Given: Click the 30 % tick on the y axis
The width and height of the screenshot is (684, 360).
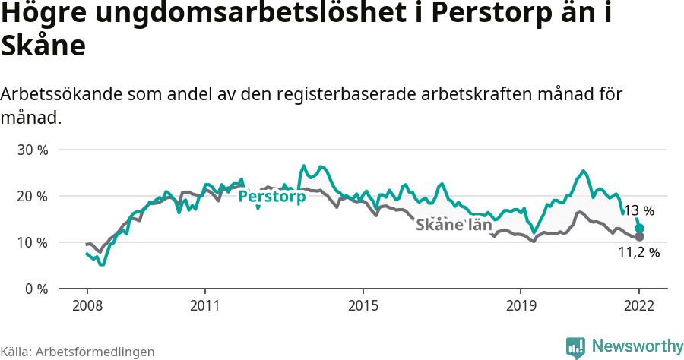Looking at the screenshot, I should coord(32,150).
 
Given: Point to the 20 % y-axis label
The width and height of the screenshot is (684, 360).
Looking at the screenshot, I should coord(32,196).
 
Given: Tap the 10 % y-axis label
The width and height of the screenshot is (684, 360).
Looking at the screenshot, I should coord(32,242).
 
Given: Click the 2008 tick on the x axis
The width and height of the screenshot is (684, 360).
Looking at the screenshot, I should coord(87,305).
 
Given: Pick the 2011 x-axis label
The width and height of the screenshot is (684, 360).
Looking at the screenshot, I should coord(205,305).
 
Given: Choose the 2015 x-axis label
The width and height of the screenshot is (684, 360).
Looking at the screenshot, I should coord(363,305).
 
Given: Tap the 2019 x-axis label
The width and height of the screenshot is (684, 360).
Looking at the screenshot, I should coord(521,305).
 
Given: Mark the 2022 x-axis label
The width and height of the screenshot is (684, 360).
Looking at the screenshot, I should coord(639,305).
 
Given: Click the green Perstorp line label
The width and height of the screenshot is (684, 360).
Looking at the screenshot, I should coord(272,197).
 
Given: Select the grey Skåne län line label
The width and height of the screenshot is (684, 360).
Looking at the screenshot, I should coord(454,225).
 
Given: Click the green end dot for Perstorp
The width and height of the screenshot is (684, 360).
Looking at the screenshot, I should coord(640,228).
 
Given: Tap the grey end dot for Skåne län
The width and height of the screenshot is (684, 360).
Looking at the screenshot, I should coord(640,237).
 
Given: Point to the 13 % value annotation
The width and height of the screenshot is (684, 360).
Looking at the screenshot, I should coord(639,211).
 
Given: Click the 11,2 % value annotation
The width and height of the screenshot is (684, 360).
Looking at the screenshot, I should coord(638,253).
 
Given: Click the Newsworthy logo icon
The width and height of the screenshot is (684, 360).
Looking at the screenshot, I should coord(575,347).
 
